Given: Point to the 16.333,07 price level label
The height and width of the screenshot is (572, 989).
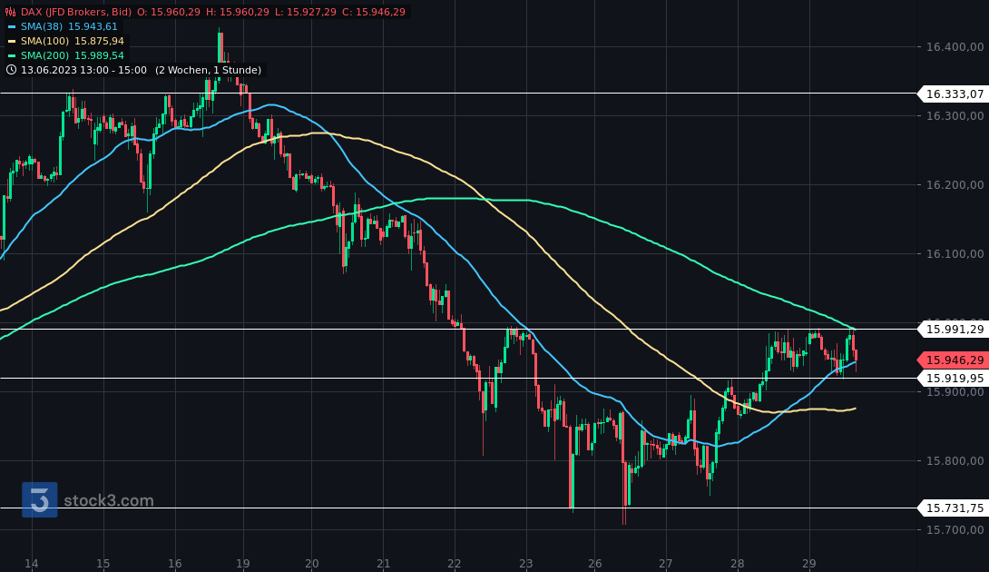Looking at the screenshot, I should click(955, 94).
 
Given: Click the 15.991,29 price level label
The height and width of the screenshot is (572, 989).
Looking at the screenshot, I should click(955, 329).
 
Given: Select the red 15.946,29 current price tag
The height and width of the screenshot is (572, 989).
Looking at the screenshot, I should click(955, 360).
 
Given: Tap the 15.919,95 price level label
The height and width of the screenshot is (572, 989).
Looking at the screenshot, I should click(955, 378).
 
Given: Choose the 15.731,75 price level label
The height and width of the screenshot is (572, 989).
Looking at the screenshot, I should click(955, 508).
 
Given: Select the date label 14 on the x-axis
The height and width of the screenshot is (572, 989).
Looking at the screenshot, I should click(32, 563).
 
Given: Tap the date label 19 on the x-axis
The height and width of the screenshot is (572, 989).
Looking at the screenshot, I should click(243, 563).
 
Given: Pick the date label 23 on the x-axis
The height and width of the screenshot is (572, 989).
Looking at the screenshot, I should click(526, 563).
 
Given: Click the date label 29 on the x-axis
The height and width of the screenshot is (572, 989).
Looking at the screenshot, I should click(809, 563).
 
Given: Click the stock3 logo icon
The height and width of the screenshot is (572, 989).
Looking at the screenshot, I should click(40, 500).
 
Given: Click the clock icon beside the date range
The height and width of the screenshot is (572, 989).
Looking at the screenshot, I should click(11, 70).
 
